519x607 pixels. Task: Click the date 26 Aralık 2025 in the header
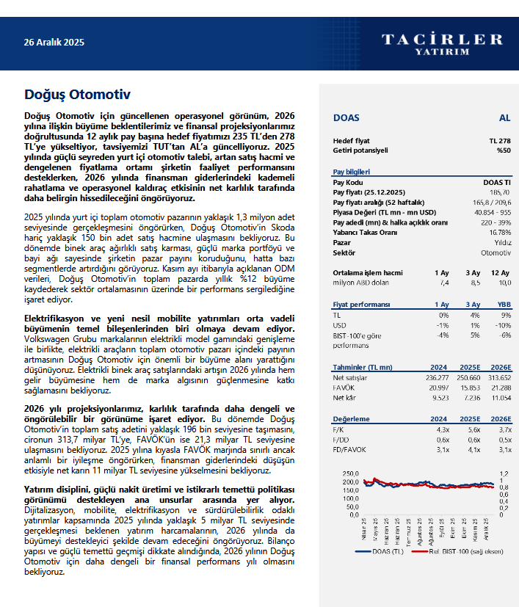pos(54,43)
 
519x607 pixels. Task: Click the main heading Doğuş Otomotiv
pos(77,94)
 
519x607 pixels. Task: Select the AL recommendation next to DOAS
pos(504,117)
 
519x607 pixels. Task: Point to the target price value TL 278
pos(500,140)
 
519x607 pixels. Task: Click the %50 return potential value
pos(503,150)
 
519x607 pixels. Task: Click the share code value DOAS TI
pos(497,181)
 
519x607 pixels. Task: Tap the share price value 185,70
pos(501,192)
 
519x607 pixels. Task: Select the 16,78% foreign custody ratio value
pos(498,232)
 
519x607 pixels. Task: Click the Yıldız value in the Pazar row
pos(502,242)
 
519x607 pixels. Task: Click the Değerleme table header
pos(352,419)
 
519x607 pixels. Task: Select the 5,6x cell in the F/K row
pos(473,429)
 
